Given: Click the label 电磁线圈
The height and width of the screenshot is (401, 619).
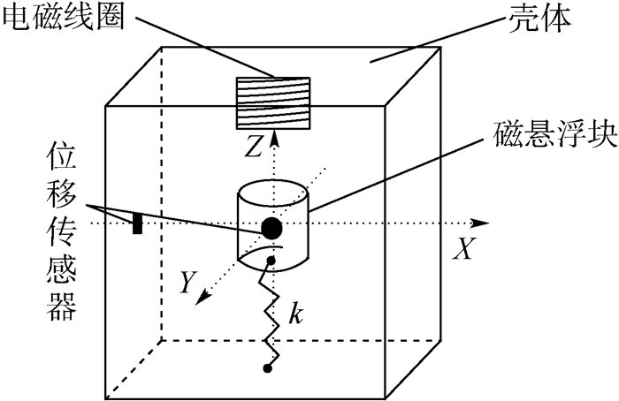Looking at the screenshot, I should point(55,19).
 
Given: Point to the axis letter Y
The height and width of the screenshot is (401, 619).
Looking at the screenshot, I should point(187,281).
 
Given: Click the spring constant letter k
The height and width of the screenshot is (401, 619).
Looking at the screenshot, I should point(298,314).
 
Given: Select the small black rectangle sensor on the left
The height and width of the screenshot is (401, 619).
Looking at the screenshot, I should point(137,223).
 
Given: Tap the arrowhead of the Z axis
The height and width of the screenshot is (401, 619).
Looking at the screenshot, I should point(275,135).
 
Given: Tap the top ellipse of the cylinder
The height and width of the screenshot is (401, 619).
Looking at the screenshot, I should point(272,193).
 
